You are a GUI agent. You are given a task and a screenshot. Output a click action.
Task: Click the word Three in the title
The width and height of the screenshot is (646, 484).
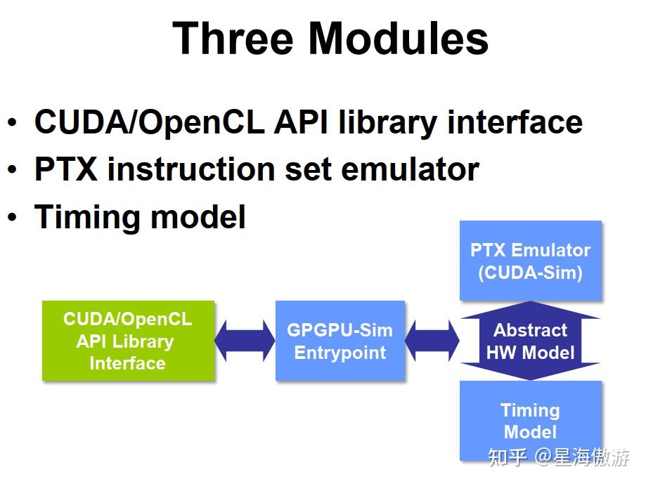(233, 39)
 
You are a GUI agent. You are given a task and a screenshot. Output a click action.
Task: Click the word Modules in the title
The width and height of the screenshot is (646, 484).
(399, 39)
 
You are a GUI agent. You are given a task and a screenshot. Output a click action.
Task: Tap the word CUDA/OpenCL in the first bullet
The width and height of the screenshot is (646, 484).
(148, 122)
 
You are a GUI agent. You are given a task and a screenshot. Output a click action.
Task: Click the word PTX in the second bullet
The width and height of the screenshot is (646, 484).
(66, 169)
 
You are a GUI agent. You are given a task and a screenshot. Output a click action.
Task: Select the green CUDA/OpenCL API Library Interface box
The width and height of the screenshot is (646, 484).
(128, 341)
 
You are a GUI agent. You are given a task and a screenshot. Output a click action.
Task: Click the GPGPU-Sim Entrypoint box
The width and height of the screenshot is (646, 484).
(340, 341)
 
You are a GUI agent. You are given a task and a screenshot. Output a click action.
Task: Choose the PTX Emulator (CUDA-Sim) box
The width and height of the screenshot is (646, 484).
(531, 261)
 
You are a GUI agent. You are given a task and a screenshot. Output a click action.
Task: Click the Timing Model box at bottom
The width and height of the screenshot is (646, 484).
(531, 420)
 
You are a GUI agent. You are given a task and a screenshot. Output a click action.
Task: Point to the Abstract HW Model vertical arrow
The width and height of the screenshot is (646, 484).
(531, 341)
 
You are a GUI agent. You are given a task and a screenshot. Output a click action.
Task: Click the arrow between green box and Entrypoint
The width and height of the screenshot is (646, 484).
(245, 341)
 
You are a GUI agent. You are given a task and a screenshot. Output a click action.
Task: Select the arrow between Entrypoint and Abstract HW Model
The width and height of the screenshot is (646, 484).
(432, 341)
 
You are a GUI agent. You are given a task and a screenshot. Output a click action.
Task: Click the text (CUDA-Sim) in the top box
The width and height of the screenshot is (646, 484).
(531, 273)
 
